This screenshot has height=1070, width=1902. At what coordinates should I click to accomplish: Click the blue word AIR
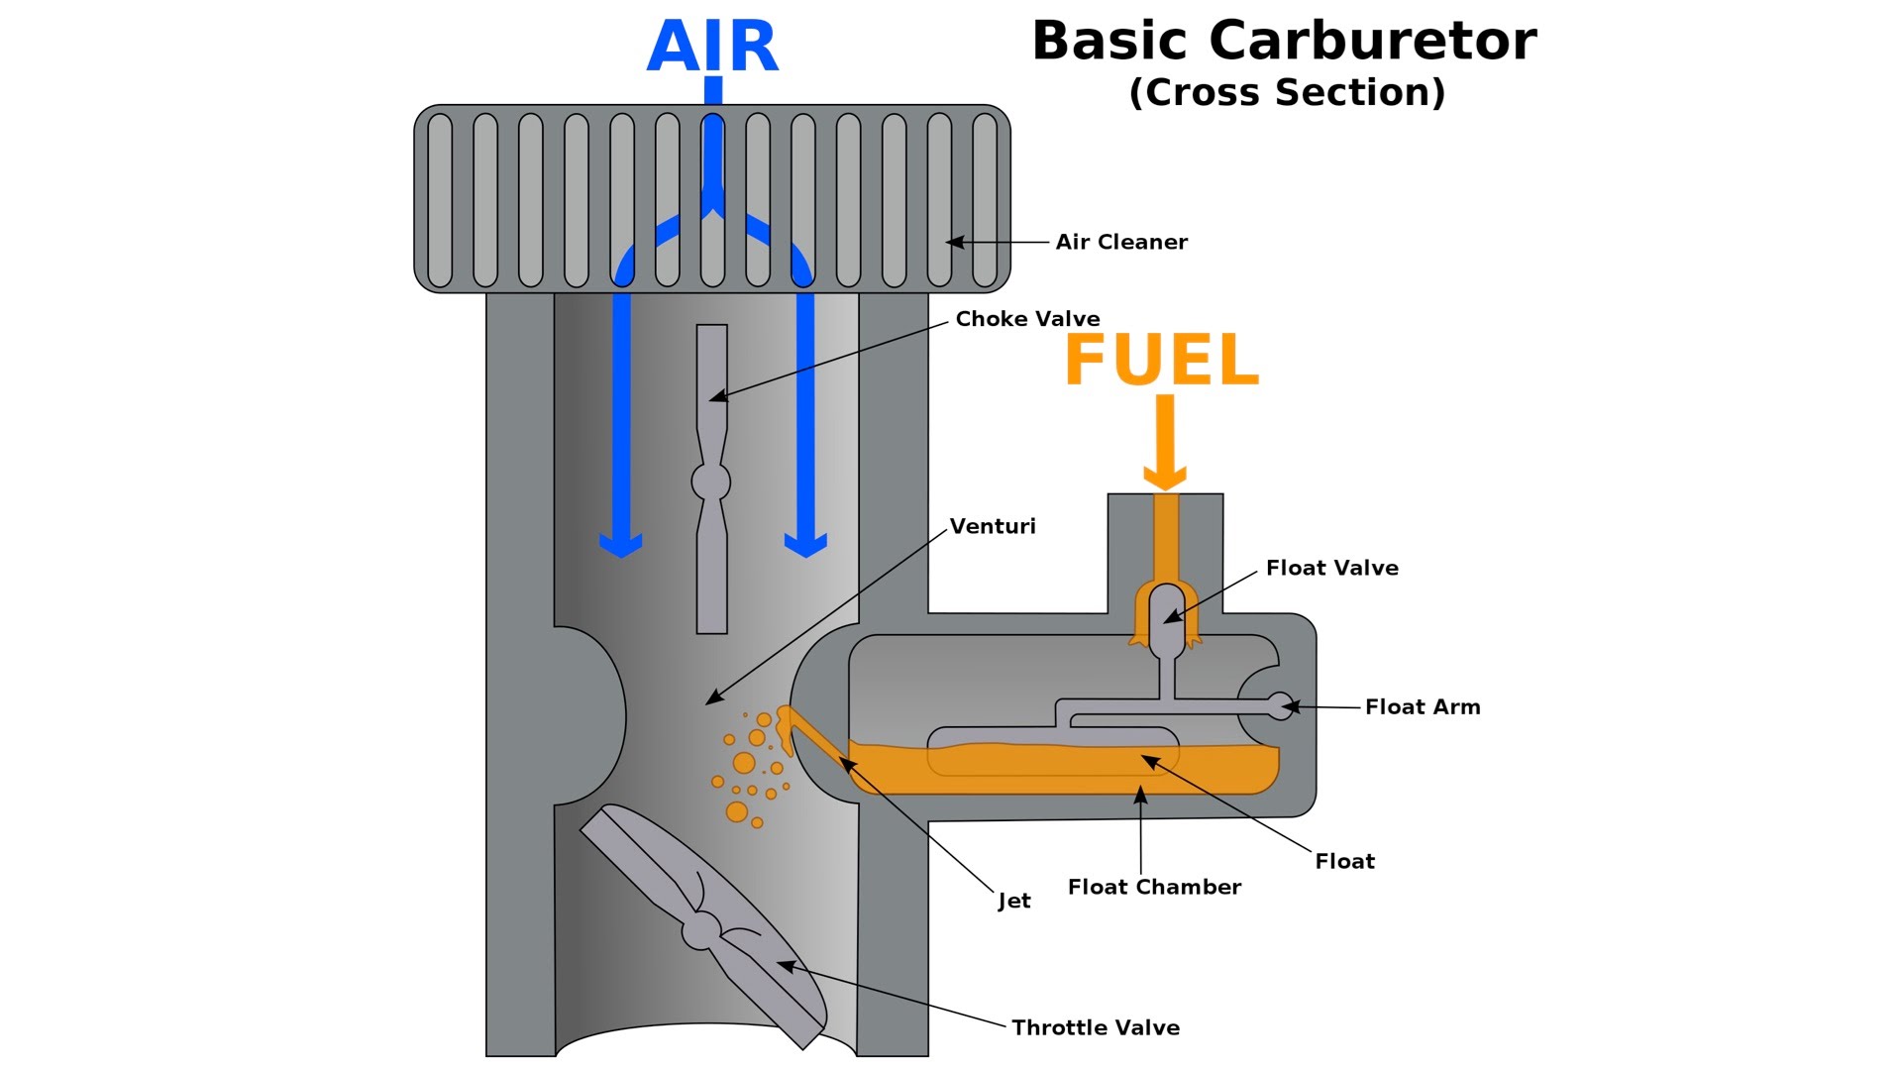[712, 47]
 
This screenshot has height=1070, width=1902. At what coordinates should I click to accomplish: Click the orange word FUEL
[1161, 360]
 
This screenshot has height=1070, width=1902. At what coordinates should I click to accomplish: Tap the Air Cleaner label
[1120, 242]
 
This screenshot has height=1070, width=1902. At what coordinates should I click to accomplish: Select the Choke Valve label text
[1027, 319]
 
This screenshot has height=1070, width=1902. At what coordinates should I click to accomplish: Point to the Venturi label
[992, 526]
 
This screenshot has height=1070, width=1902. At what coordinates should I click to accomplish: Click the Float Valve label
[1331, 568]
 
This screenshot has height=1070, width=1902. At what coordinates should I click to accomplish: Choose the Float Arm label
[1422, 706]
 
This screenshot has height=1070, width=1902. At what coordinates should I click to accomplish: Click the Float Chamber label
[1153, 887]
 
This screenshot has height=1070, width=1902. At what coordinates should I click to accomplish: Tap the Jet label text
[1013, 901]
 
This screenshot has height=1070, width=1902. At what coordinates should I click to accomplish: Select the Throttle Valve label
[1095, 1027]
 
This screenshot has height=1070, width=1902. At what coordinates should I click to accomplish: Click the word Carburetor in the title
[1372, 42]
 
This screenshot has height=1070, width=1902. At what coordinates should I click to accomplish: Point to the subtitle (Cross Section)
[1287, 92]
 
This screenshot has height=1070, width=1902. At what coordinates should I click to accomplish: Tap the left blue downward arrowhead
[621, 544]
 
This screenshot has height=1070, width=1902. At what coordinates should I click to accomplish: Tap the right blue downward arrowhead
[805, 544]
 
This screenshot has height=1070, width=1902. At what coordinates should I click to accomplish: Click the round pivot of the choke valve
[710, 482]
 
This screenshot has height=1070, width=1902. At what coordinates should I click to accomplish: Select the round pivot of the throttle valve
[700, 930]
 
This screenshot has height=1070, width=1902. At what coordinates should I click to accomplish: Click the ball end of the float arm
[1280, 705]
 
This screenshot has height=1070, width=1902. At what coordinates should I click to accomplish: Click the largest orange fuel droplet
[744, 763]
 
